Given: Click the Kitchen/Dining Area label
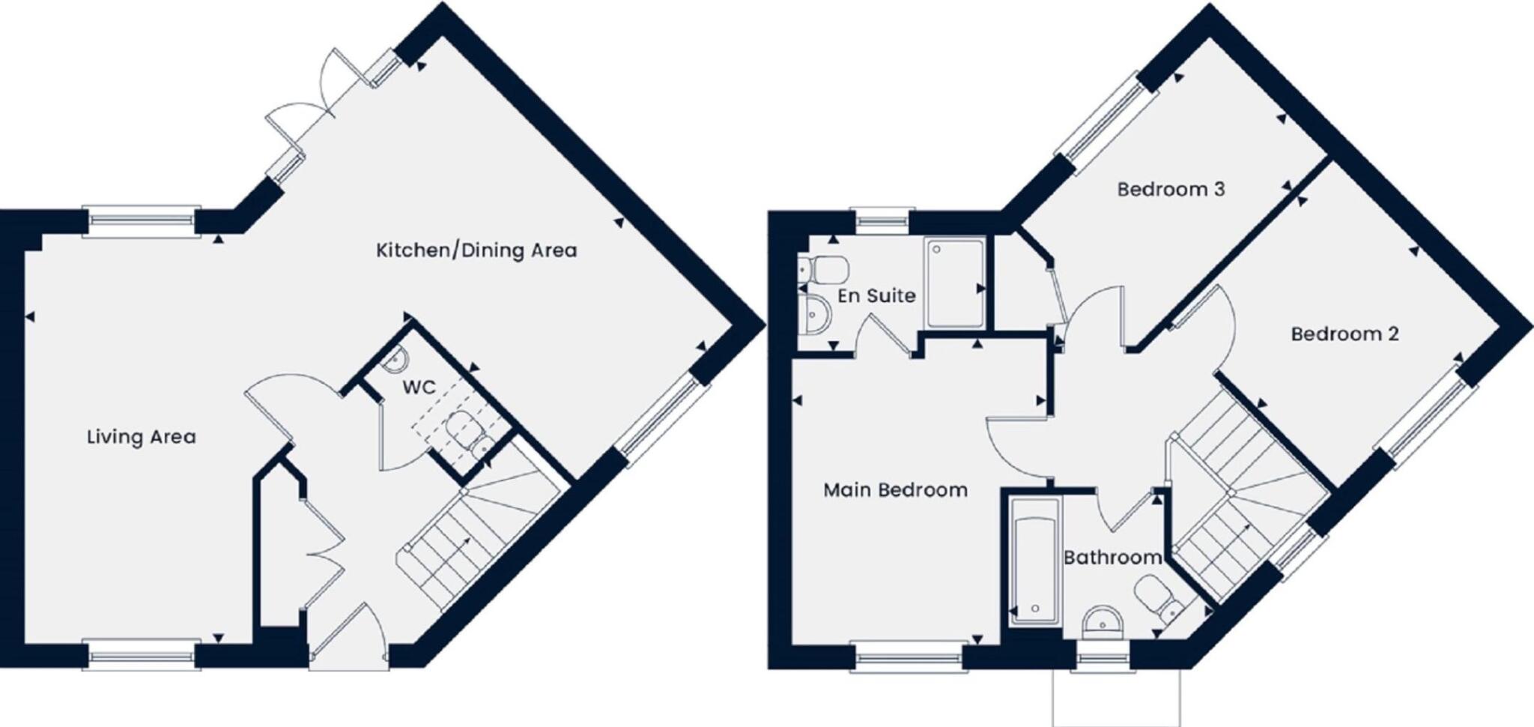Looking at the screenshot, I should click(x=476, y=250).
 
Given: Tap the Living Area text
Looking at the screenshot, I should click(x=142, y=437).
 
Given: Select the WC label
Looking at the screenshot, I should click(x=419, y=387).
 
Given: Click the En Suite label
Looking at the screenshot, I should click(x=876, y=295).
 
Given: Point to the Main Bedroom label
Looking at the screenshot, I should click(x=895, y=490).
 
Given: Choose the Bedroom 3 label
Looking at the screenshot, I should click(x=1171, y=189).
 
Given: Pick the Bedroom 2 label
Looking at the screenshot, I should click(x=1344, y=334).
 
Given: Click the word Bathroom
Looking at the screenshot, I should click(x=1112, y=558).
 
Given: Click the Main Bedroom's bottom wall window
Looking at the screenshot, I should click(x=909, y=657).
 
